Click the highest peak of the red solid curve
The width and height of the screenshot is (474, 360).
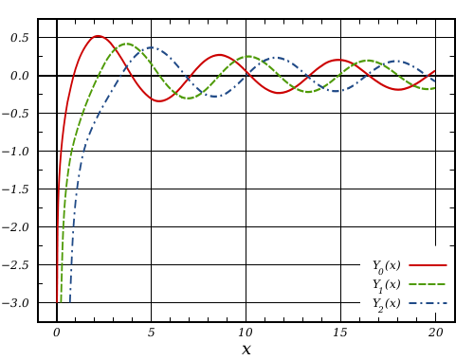coord(98,36)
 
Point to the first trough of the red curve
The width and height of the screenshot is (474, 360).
coord(158,100)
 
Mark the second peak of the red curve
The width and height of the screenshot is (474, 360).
coord(219,54)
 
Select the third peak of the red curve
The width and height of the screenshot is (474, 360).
coord(337,60)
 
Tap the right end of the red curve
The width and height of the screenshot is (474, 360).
coord(435,70)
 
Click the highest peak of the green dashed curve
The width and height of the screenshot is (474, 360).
coord(126,43)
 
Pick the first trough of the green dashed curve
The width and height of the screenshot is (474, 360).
coord(190,98)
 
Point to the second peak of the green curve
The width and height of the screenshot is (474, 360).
coord(249,56)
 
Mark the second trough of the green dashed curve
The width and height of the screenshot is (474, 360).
coord(309,92)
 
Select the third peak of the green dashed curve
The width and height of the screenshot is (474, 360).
coord(370,60)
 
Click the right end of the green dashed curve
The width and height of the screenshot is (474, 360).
coord(435,88)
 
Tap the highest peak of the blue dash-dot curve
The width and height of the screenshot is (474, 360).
coord(154,47)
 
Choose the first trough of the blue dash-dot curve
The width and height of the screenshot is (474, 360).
coord(217,96)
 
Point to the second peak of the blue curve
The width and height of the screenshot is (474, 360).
coord(277,58)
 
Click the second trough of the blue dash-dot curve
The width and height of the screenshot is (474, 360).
coord(337,91)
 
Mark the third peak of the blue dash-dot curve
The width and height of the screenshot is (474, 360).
coord(398,62)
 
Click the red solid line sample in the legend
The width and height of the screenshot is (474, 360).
coord(428,265)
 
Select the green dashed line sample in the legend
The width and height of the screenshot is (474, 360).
coord(428,284)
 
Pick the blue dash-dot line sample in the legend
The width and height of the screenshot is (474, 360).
coord(428,303)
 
